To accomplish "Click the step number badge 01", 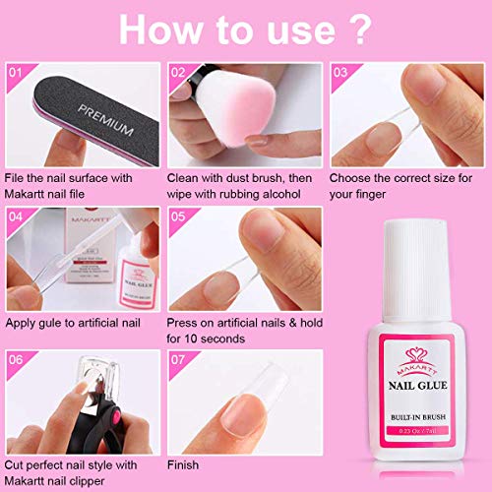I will [16, 72].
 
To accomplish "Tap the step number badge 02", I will [179, 72].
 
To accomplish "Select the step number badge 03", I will [339, 72].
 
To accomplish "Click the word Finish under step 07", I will [184, 464].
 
